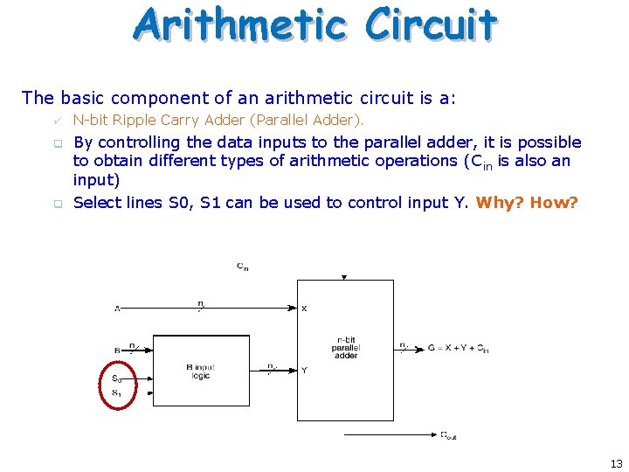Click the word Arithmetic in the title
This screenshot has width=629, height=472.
[243, 24]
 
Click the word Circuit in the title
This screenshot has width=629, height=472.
[431, 24]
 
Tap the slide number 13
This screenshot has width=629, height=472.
[616, 463]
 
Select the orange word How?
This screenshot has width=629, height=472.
[554, 203]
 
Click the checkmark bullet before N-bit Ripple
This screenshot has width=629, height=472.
[57, 120]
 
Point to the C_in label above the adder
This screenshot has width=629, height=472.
[241, 266]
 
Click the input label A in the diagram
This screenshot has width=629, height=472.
[117, 308]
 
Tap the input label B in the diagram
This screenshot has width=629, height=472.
[117, 350]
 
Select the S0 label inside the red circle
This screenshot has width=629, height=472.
[117, 378]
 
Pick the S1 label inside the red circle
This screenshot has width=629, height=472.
[117, 393]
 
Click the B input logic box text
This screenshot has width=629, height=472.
[200, 371]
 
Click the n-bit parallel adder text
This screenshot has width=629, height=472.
[345, 347]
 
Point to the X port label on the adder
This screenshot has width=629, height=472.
[304, 309]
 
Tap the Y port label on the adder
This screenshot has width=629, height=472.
[304, 371]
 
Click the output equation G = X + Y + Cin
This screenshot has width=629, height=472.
[457, 349]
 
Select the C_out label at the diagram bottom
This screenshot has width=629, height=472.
[448, 435]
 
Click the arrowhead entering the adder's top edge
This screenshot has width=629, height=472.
[344, 277]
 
